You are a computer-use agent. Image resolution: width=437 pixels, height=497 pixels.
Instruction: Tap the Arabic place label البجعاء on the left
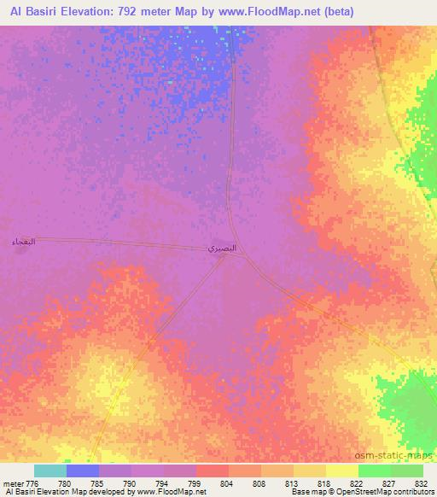[x=24, y=243]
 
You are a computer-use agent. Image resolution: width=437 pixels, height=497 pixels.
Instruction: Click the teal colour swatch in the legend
[x=50, y=471]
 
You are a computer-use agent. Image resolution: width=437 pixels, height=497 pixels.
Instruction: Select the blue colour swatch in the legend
[x=83, y=471]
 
